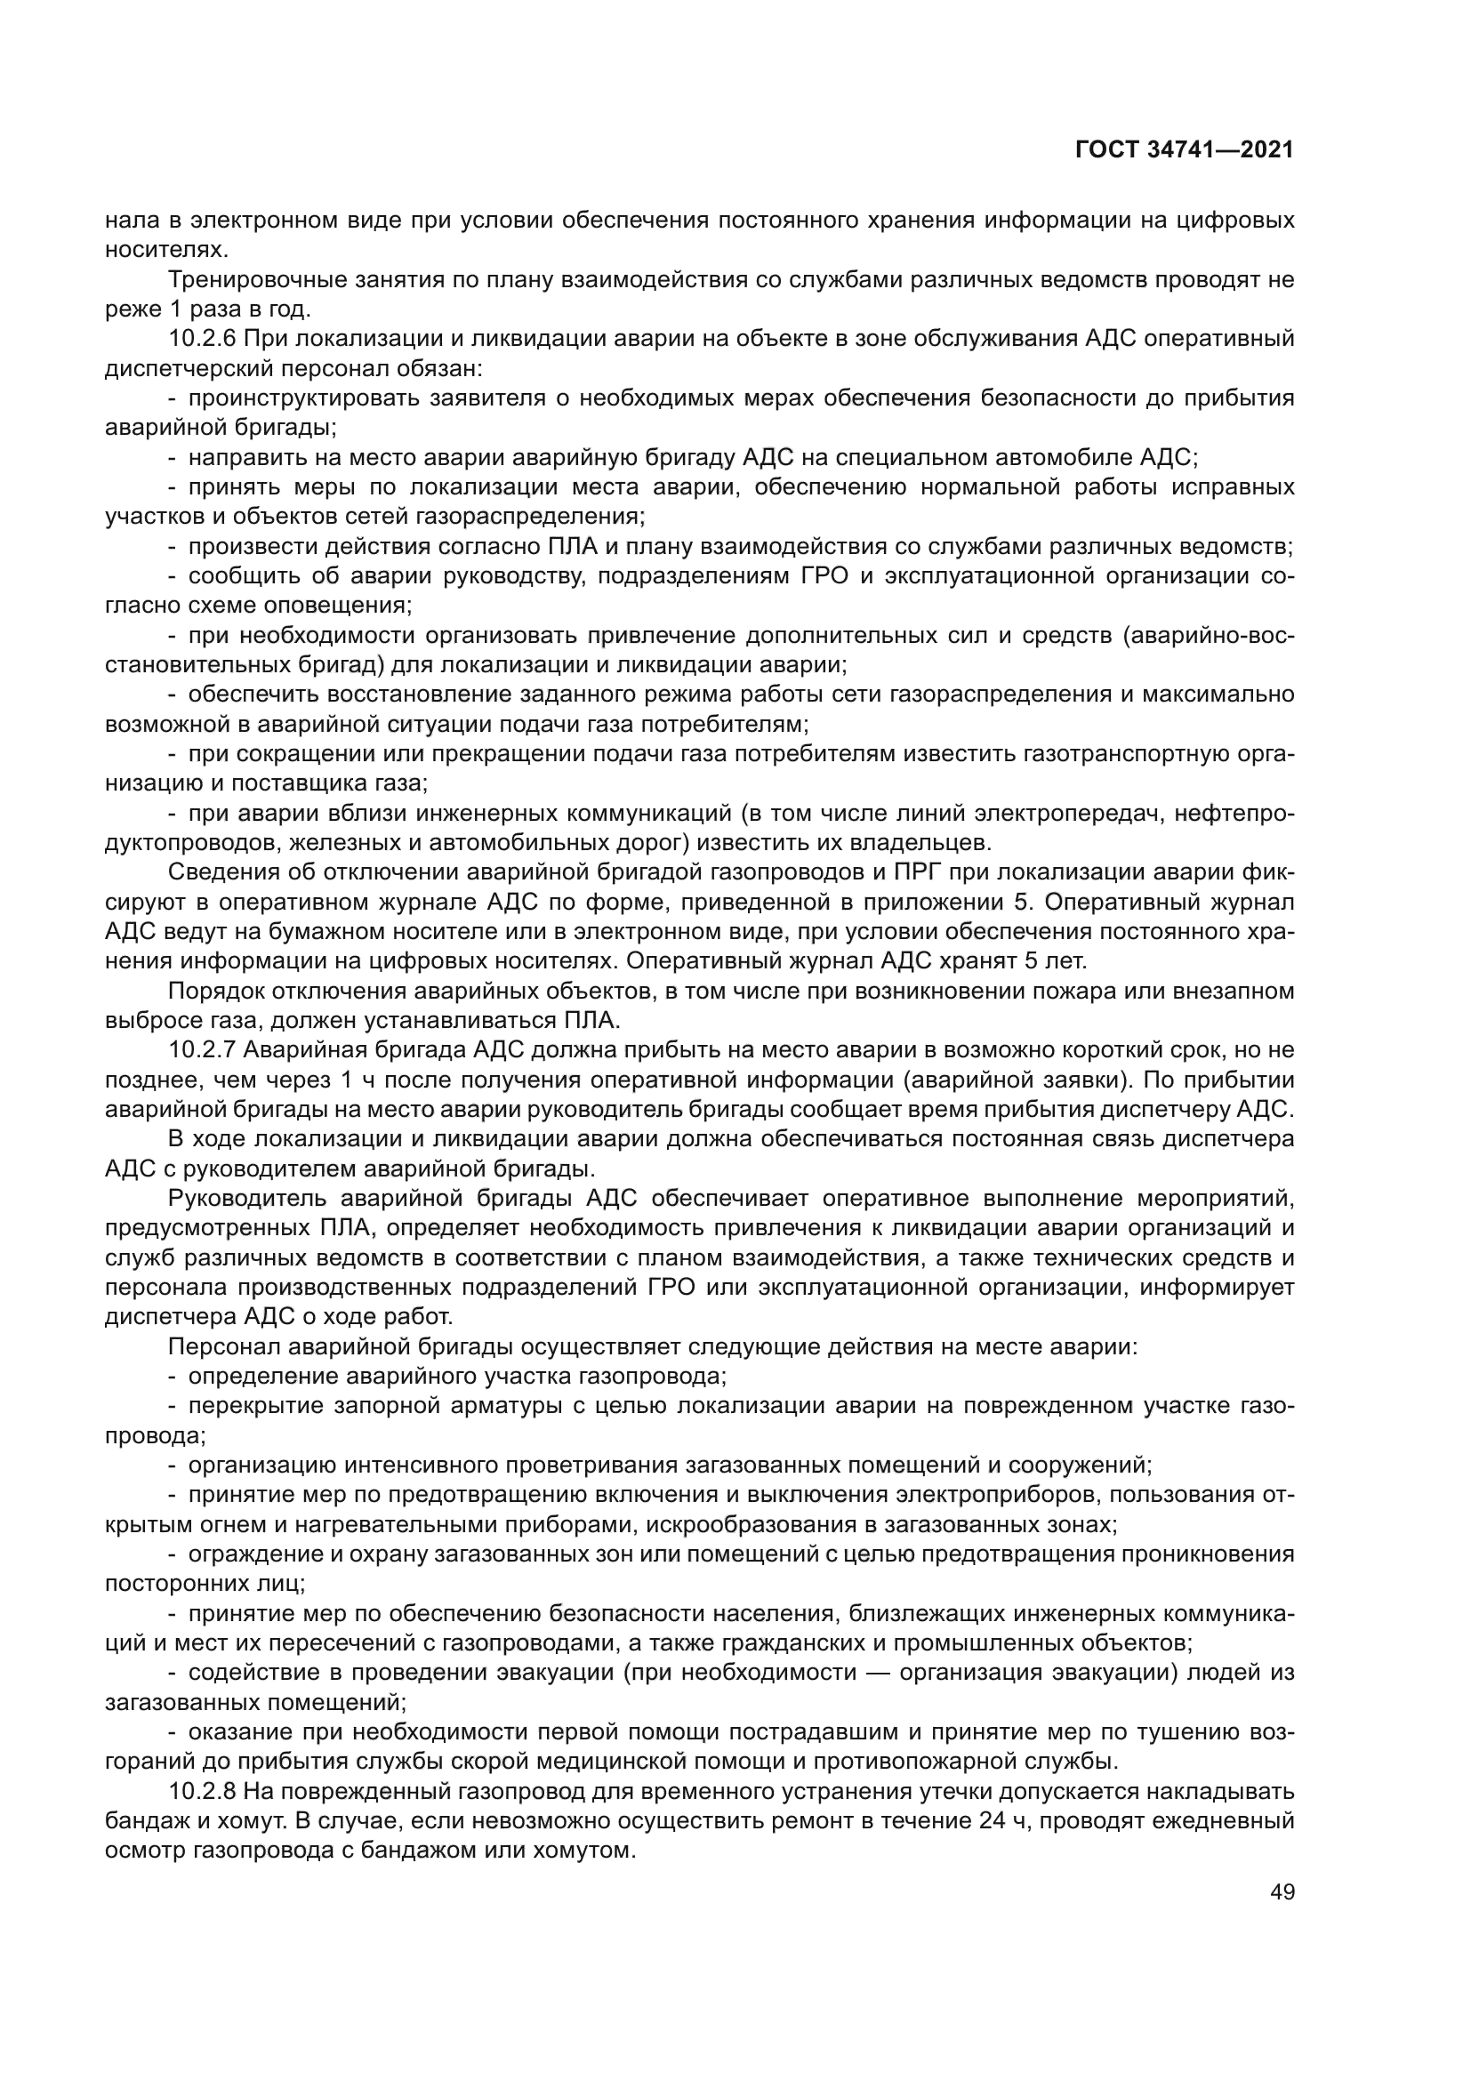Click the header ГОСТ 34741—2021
click(1184, 150)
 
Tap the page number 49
click(1282, 1891)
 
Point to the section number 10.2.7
click(202, 1051)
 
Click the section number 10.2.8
click(202, 1792)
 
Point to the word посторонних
click(173, 1585)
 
